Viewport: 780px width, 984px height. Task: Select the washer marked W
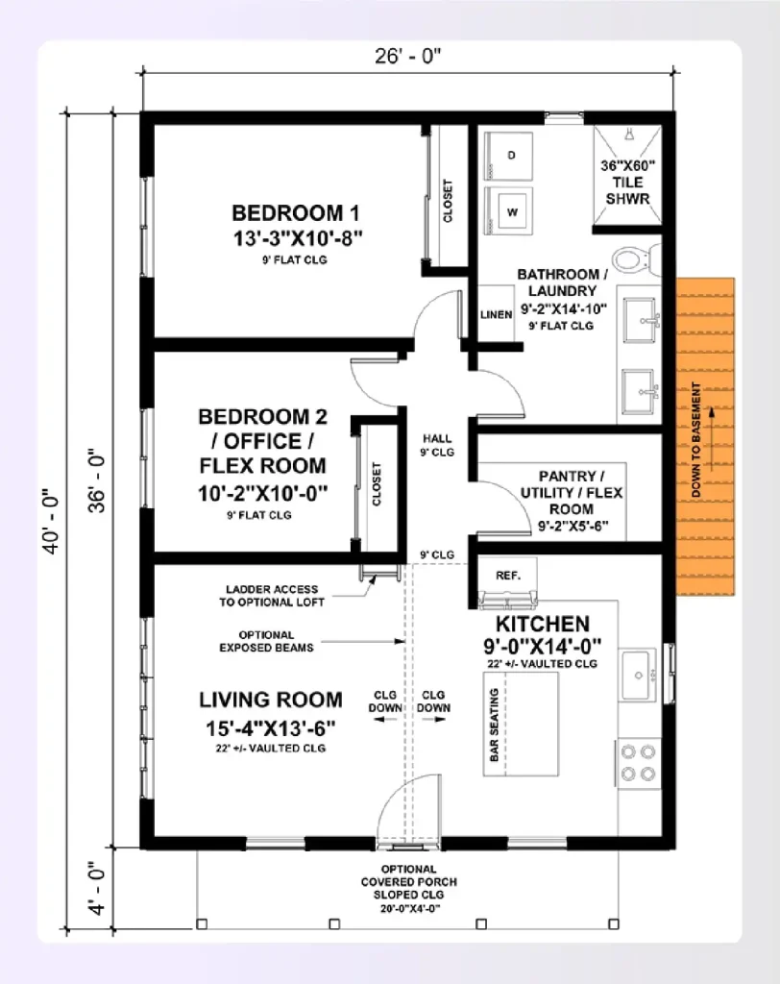point(511,210)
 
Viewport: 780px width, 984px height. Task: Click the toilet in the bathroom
point(633,258)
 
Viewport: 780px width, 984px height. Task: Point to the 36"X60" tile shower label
point(626,182)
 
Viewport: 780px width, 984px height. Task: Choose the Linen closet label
point(496,314)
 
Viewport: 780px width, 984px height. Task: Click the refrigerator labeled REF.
point(507,576)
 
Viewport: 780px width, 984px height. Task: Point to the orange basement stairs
point(705,437)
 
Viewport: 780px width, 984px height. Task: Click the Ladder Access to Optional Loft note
point(275,595)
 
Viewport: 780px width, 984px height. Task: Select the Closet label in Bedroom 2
point(377,484)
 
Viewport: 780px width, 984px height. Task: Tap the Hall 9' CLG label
point(437,444)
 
